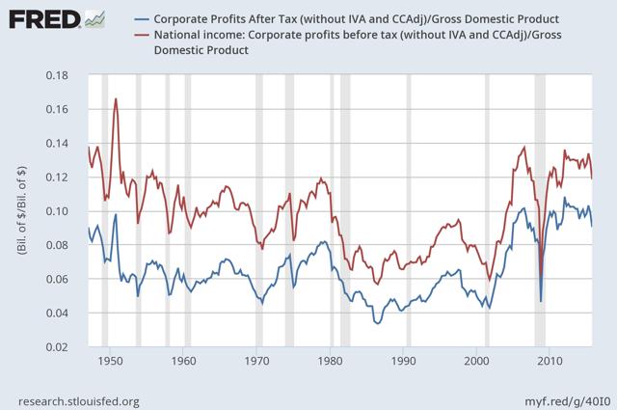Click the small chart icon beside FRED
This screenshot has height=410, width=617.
click(94, 19)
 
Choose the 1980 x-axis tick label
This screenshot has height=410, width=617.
click(330, 361)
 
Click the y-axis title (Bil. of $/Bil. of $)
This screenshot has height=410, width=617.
click(22, 211)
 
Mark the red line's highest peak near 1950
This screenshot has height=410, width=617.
click(116, 98)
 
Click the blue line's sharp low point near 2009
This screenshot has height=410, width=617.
click(540, 301)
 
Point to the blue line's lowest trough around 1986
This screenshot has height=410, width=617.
click(378, 323)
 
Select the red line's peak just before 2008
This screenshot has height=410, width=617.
click(523, 148)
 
